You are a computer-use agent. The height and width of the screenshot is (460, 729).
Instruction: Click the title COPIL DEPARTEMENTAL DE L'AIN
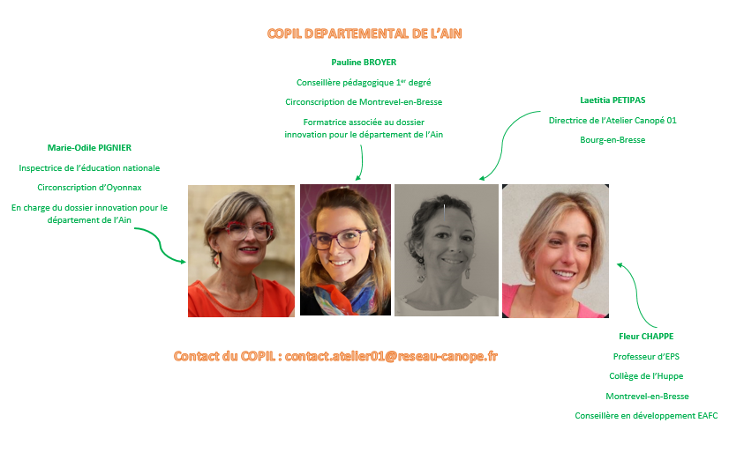pyautogui.click(x=364, y=33)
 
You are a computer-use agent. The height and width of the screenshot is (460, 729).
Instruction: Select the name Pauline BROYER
pyautogui.click(x=364, y=63)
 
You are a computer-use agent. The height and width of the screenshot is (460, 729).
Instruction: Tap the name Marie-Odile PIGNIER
pyautogui.click(x=89, y=148)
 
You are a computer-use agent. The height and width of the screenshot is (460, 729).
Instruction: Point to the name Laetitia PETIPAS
pyautogui.click(x=613, y=100)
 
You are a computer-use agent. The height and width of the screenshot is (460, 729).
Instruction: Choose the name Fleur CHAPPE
pyautogui.click(x=646, y=336)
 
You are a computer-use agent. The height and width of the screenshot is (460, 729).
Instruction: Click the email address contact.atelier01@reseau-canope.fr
pyautogui.click(x=391, y=356)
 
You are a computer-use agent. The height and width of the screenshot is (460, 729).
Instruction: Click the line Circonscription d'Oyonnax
pyautogui.click(x=89, y=188)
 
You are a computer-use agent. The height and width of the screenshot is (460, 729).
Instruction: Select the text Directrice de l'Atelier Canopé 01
pyautogui.click(x=613, y=120)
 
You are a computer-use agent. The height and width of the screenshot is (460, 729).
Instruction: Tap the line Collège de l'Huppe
pyautogui.click(x=646, y=376)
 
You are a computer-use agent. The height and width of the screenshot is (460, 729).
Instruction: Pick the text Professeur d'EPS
pyautogui.click(x=646, y=357)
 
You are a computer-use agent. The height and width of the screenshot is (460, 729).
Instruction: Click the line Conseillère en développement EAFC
pyautogui.click(x=646, y=415)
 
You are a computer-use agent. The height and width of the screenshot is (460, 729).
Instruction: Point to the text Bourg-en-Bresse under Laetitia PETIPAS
pyautogui.click(x=613, y=140)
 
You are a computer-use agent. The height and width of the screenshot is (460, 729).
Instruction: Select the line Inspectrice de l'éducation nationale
pyautogui.click(x=89, y=168)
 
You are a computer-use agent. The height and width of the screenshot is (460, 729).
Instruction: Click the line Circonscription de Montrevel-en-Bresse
pyautogui.click(x=364, y=102)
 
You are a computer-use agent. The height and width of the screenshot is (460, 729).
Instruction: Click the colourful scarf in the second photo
pyautogui.click(x=345, y=296)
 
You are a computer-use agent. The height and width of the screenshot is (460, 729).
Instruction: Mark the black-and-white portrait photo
pyautogui.click(x=447, y=250)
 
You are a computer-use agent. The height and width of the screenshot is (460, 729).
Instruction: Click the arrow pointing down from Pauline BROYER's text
pyautogui.click(x=361, y=162)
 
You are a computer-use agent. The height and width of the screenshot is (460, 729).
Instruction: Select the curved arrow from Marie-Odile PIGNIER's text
pyautogui.click(x=160, y=245)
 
